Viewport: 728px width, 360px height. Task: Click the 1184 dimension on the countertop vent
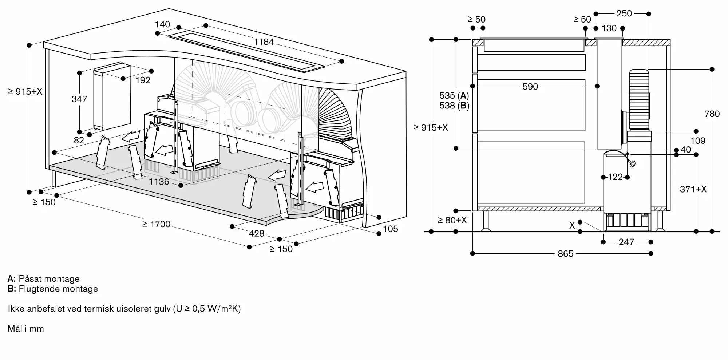[264, 42]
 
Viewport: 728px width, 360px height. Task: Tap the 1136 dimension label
[159, 181]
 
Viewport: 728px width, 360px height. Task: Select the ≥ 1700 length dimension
[157, 224]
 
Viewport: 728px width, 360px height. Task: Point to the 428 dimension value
[257, 233]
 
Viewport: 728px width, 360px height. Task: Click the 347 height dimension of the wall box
[79, 99]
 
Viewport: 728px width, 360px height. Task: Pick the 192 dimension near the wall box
[143, 80]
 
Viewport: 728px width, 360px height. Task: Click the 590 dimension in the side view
[530, 87]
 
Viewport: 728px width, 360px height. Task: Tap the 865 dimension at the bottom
[565, 254]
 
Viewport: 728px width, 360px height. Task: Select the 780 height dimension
[712, 114]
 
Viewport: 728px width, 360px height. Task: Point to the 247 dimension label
[626, 242]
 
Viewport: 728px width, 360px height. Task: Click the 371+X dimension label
[693, 189]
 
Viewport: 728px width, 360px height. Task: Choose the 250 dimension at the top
[624, 13]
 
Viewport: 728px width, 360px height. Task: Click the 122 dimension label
[615, 177]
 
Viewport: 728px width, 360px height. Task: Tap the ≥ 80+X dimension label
[452, 220]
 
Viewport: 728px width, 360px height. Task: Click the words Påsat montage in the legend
[49, 279]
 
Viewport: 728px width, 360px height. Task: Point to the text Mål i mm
[26, 329]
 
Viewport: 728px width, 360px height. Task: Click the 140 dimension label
[162, 24]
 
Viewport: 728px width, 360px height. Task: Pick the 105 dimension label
[391, 229]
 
